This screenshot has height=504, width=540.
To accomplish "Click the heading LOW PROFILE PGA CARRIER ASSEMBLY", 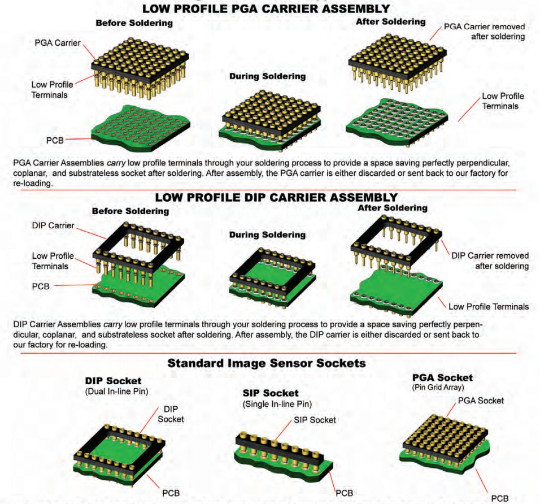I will pos(265,8).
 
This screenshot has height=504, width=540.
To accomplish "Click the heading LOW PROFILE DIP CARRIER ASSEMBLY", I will pos(276,197).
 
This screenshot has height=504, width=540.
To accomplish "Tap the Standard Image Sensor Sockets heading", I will pos(266,364).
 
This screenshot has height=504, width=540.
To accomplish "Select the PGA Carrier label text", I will pos(57,42).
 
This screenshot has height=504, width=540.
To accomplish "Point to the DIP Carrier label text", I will pos(54,225).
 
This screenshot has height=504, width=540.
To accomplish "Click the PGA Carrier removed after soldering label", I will pos(485,32).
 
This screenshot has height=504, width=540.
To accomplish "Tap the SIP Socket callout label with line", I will pos(315,420).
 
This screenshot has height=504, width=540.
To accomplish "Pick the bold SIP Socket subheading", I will pos(267,393).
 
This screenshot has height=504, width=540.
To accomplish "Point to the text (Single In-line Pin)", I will pos(277,404).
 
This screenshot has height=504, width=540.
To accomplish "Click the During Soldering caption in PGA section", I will pos(267,76).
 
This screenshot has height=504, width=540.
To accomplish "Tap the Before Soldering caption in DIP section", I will pos(130,211).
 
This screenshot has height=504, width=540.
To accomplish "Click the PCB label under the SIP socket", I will pos(345,493).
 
